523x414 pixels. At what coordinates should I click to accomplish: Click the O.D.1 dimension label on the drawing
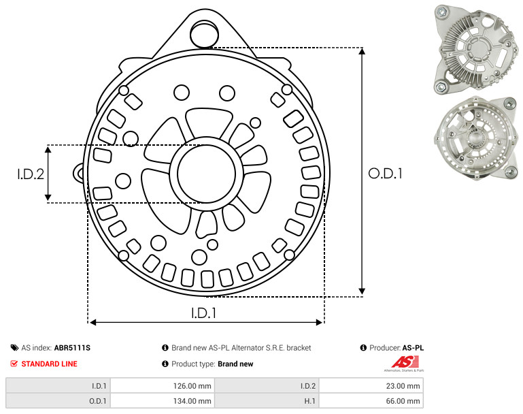click(x=385, y=174)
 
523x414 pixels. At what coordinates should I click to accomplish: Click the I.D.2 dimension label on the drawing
click(x=31, y=174)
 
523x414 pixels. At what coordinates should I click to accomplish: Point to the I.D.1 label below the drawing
click(x=204, y=313)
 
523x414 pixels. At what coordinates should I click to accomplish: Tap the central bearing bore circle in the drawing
click(x=207, y=174)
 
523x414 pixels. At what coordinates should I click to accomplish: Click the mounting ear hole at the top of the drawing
click(x=204, y=34)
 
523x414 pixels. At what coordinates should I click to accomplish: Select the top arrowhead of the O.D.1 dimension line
click(x=362, y=51)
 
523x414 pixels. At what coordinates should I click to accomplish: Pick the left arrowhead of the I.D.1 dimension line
click(x=93, y=322)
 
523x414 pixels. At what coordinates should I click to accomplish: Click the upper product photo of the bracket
click(x=476, y=50)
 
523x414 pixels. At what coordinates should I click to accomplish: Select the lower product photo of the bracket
click(x=476, y=138)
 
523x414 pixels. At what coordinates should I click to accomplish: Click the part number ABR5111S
click(x=72, y=348)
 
